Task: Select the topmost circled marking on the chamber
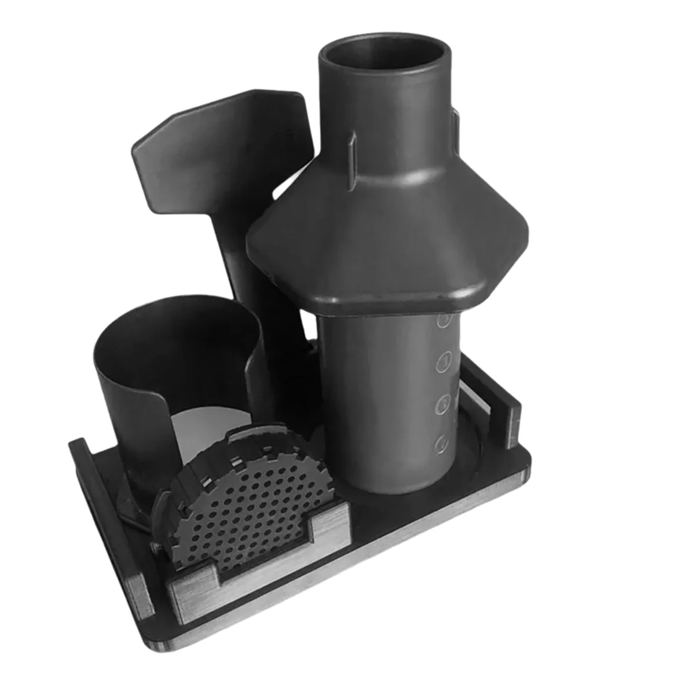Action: (444, 320)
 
